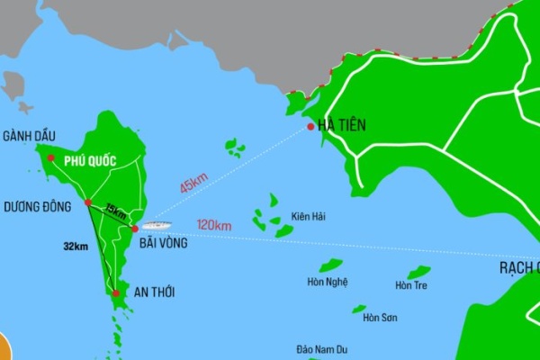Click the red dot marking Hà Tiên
click(310, 127)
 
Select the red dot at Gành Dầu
click(51, 158)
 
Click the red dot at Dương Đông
click(88, 203)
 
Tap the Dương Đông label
click(37, 206)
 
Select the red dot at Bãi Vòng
click(134, 229)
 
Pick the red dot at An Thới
click(116, 292)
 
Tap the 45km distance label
click(193, 184)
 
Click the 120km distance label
click(213, 225)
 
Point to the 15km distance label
click(115, 211)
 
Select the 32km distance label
click(76, 246)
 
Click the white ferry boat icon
click(154, 221)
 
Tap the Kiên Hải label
click(308, 217)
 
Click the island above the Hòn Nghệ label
click(331, 265)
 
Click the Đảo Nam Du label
click(323, 349)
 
